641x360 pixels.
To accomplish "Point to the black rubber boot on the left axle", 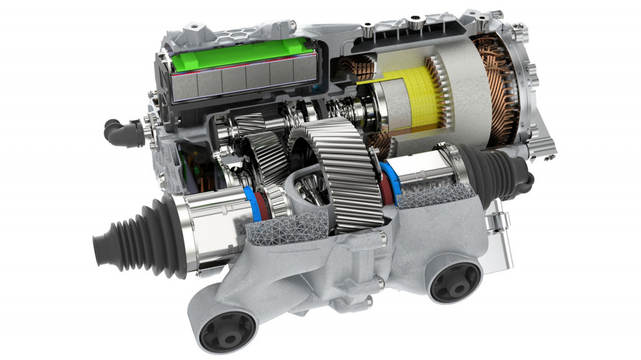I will coord(135,238).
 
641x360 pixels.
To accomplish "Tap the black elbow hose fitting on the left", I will coord(122,132).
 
